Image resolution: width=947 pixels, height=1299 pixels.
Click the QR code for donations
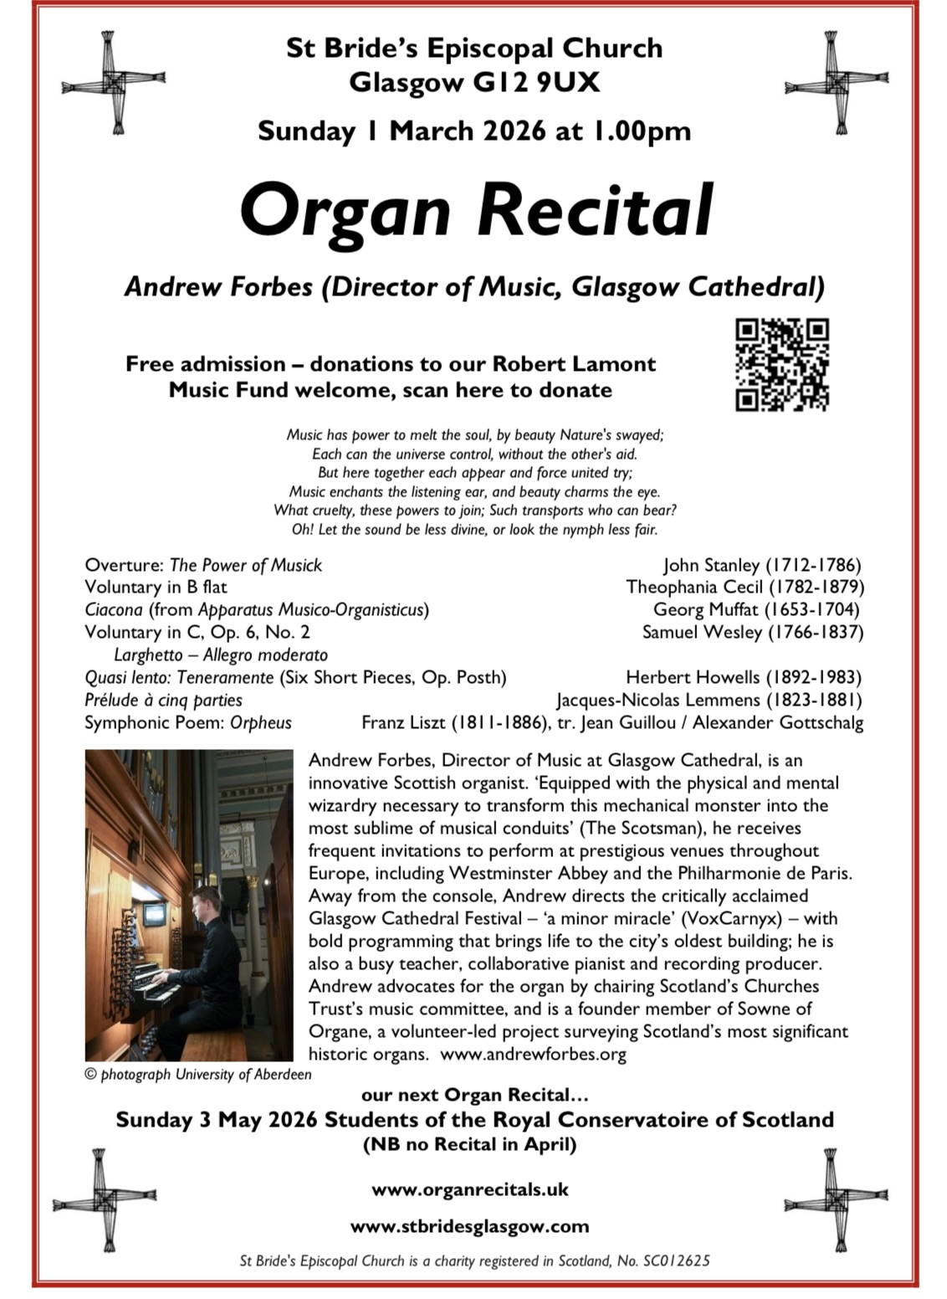[x=782, y=365]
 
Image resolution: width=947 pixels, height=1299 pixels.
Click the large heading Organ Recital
[x=476, y=209]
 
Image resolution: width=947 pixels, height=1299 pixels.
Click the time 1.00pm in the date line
[x=642, y=131]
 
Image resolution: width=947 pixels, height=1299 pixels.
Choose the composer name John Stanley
[x=711, y=565]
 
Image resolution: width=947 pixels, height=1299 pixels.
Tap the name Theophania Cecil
[x=694, y=588]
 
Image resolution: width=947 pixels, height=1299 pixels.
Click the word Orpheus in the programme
[x=261, y=722]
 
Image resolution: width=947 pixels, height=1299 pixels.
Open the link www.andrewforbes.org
[x=533, y=1055]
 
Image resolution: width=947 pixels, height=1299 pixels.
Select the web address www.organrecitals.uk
[x=470, y=1189]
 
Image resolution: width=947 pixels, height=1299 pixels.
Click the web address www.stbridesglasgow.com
[x=469, y=1227]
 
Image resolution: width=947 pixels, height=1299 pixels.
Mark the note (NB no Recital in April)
[x=469, y=1144]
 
